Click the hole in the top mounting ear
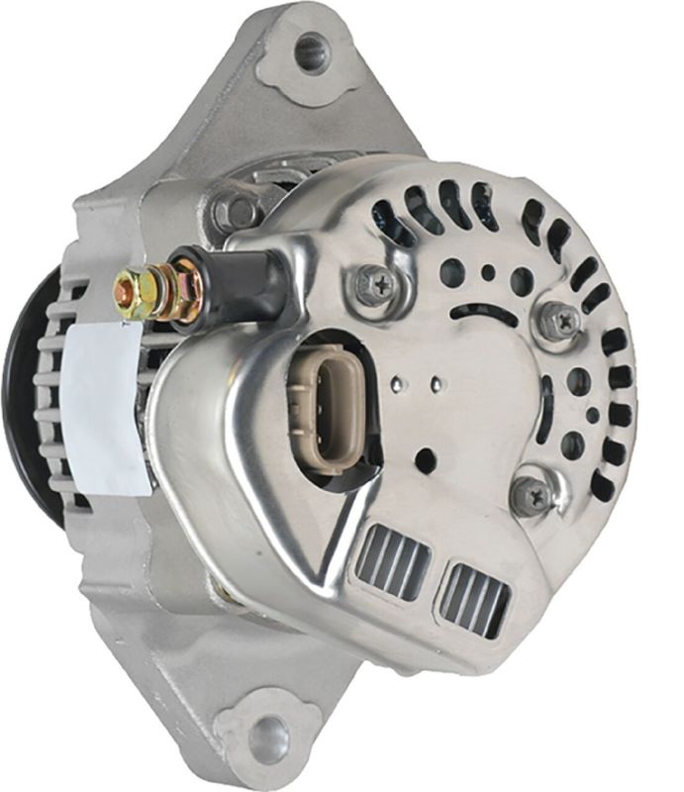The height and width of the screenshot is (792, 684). coord(311,51)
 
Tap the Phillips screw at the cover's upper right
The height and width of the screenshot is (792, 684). coord(560,319)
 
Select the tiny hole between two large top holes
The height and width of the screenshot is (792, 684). coord(487,272)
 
